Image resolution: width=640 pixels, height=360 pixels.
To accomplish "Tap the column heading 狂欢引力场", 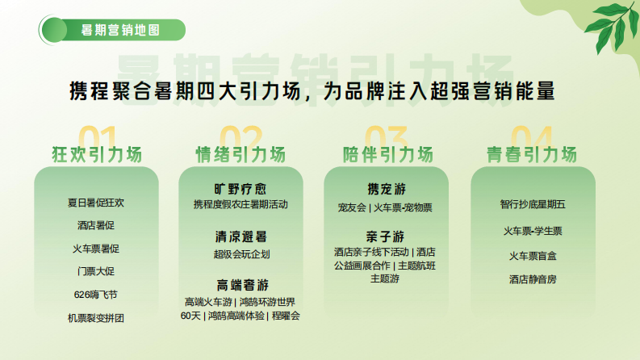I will pos(96,154).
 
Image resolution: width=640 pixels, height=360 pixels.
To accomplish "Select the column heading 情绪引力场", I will pos(241,154).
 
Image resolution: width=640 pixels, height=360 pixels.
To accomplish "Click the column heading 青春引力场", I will pos(532,154).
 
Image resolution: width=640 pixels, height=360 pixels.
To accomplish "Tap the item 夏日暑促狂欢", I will pos(96,203).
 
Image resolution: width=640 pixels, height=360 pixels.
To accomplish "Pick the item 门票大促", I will pos(96,271).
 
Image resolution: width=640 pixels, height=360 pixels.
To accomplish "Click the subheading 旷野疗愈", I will pos(241,189).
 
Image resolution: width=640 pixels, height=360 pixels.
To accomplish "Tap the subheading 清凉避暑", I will pos(241,237).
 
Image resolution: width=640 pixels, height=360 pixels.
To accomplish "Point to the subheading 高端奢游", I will pos(241,285).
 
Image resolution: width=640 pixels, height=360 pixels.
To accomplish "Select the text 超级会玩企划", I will pos(241,254).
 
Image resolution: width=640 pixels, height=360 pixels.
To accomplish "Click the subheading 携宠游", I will pos(385,190).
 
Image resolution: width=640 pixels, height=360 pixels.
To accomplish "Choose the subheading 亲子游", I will pos(385,236).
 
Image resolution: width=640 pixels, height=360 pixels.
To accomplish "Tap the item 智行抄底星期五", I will pos(533,205).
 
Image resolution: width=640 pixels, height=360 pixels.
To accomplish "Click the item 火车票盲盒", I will pos(533,256).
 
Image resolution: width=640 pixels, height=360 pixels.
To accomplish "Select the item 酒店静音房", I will pos(533,279).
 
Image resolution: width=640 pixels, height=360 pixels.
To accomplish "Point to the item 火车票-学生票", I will pos(533,232).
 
